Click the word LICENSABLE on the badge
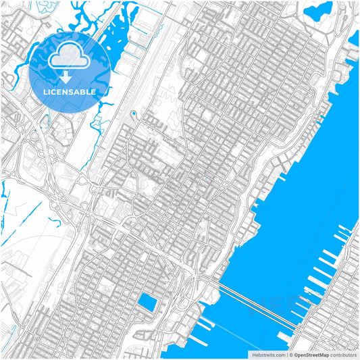tap(70, 92)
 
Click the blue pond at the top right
tap(319, 11)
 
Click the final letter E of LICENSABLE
tap(93, 92)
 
